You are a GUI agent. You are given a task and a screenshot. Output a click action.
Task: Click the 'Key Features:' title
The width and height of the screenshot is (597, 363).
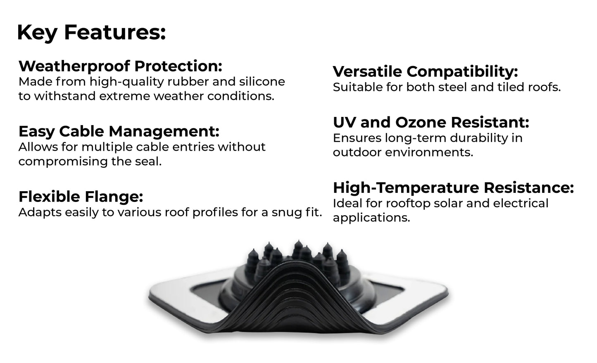point(91,33)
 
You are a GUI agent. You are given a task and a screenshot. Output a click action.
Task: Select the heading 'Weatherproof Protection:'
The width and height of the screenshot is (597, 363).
point(120,66)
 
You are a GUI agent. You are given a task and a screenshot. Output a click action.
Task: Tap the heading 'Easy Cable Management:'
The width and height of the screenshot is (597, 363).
point(119,131)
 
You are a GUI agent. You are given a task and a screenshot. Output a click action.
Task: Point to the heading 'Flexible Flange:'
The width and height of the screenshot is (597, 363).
point(81,197)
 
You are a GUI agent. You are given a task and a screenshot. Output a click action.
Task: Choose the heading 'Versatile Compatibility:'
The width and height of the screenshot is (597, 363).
point(425,71)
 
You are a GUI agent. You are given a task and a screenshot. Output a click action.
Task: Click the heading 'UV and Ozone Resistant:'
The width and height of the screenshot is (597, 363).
point(431,122)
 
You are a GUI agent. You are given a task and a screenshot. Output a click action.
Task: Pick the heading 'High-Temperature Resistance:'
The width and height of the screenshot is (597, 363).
point(453,188)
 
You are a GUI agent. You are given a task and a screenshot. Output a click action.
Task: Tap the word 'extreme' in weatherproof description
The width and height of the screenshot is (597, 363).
point(125,96)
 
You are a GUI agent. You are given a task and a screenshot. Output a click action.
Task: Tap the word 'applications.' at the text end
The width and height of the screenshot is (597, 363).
point(371,218)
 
